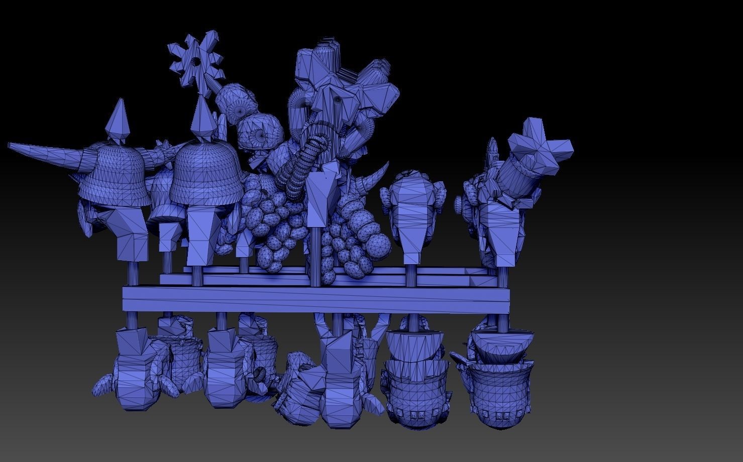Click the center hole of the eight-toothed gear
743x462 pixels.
(x=195, y=62)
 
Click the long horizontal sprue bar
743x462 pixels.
(x=316, y=299)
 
